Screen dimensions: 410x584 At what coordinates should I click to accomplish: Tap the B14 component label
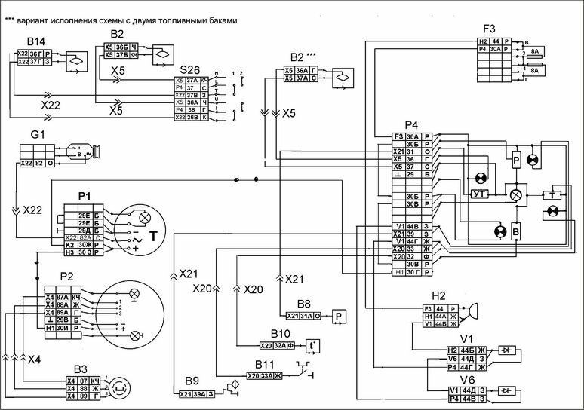tap(35, 41)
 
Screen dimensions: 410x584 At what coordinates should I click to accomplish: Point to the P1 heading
tap(84, 196)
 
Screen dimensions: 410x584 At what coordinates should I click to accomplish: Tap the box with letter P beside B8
tap(339, 315)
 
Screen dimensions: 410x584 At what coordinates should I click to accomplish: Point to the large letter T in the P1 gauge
tap(154, 237)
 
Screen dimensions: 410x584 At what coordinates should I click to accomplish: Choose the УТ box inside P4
tap(479, 194)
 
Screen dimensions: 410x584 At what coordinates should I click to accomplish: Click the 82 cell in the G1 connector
tap(38, 163)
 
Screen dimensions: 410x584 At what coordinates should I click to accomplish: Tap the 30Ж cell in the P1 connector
tap(84, 245)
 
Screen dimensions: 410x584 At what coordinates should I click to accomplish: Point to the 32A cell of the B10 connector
tap(278, 345)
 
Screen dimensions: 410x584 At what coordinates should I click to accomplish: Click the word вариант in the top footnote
tap(36, 20)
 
